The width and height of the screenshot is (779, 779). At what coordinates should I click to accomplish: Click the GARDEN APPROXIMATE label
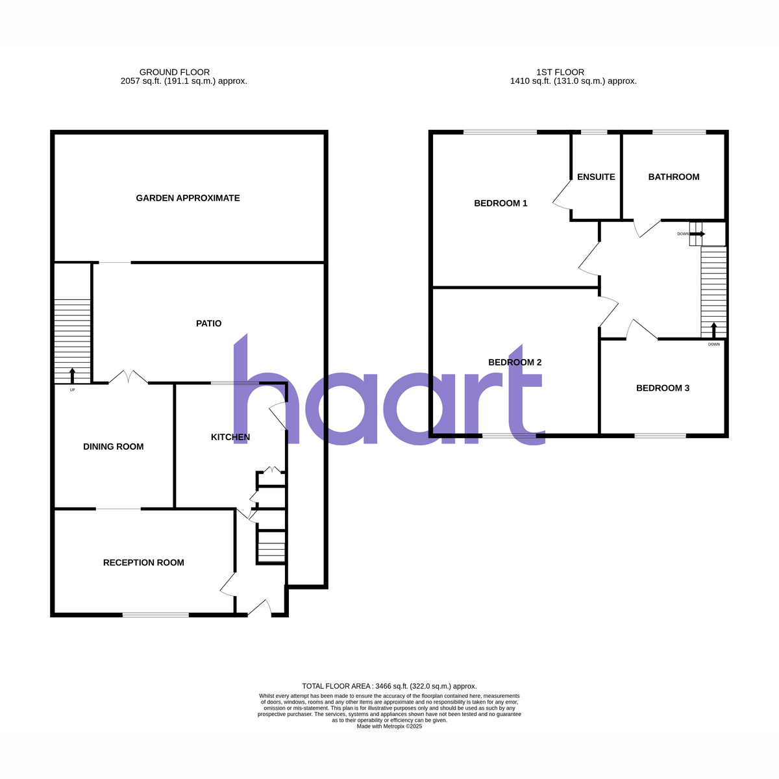(x=188, y=198)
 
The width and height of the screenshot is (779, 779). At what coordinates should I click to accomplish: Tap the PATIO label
(x=208, y=323)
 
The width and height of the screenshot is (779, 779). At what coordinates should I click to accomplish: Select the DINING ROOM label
(x=113, y=447)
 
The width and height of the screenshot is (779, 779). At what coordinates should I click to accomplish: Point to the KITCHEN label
(x=230, y=437)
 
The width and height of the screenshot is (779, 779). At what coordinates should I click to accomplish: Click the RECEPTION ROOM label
(x=143, y=563)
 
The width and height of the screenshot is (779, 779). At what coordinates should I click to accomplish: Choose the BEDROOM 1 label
(x=501, y=203)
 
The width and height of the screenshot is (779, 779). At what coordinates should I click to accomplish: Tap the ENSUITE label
(x=596, y=177)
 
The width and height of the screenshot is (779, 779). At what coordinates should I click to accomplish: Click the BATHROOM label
(x=673, y=177)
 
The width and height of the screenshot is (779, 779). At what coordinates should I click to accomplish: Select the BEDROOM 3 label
(x=663, y=388)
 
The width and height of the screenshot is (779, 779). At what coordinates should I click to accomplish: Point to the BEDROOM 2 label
(x=515, y=362)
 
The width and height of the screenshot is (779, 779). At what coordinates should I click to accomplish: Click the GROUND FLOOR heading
(x=175, y=72)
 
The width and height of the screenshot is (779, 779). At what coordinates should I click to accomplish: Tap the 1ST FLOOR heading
(x=560, y=72)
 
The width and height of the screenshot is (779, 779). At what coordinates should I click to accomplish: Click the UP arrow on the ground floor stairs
(x=72, y=376)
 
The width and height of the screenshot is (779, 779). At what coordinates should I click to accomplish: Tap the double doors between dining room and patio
(x=128, y=377)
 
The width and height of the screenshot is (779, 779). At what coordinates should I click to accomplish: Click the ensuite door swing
(x=562, y=195)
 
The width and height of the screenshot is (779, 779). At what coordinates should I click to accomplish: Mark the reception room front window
(x=156, y=615)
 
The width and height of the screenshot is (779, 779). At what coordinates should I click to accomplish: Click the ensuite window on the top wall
(x=594, y=132)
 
